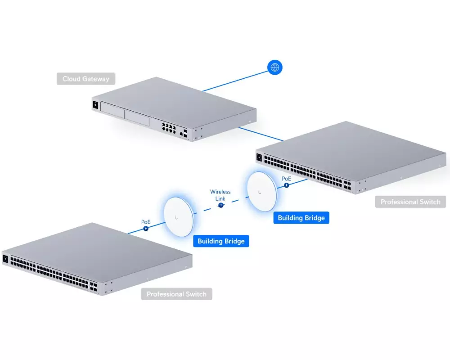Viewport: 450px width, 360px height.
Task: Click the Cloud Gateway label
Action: point(86,79)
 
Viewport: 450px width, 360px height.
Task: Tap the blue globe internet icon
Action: point(275,67)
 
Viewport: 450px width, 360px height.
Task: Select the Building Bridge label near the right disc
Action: point(301,218)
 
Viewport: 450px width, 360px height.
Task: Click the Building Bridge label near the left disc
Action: point(221,241)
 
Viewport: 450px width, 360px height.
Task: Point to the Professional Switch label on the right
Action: point(410,202)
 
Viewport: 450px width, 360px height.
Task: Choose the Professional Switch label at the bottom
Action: point(176,294)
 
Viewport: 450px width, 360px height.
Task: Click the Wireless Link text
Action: point(220,195)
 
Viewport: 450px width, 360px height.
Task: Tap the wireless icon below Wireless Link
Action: point(220,205)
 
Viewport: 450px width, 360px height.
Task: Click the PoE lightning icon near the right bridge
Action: point(286,185)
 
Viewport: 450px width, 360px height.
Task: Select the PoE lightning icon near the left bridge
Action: point(146,229)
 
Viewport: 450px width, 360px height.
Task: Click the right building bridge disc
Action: point(262,192)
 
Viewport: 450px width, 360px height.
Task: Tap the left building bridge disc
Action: point(179,217)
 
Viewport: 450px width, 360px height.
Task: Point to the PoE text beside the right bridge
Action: point(286,179)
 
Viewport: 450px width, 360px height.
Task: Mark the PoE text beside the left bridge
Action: point(146,222)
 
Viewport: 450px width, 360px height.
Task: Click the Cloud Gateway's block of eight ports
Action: point(169,128)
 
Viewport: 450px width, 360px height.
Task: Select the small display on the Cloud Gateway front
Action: point(95,105)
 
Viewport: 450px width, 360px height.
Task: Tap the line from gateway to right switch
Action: point(261,135)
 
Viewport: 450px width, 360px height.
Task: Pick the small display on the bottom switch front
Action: point(5,259)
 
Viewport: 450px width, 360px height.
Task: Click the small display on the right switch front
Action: point(259,157)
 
